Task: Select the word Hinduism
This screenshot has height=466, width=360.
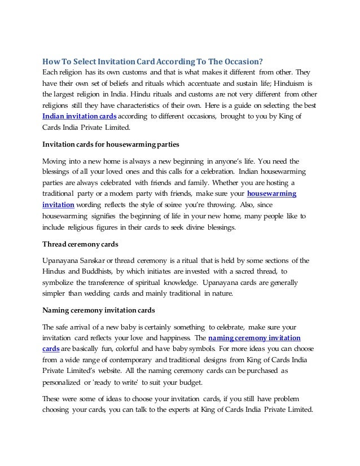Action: point(288,83)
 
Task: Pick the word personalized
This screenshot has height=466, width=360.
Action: point(64,381)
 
